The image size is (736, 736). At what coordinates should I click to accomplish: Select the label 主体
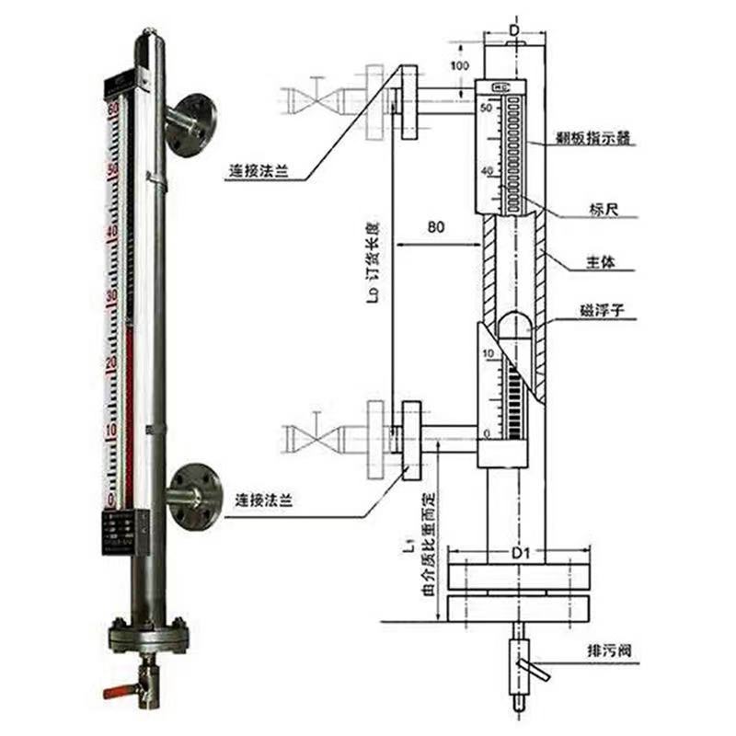pyautogui.click(x=602, y=263)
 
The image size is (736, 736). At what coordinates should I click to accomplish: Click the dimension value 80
pyautogui.click(x=435, y=226)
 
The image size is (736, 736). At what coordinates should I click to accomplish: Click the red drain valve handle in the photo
pyautogui.click(x=115, y=690)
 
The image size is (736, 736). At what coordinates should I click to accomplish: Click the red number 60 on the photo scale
pyautogui.click(x=113, y=109)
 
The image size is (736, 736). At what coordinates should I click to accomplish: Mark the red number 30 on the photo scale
pyautogui.click(x=111, y=296)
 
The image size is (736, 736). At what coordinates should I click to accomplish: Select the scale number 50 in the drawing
pyautogui.click(x=487, y=109)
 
